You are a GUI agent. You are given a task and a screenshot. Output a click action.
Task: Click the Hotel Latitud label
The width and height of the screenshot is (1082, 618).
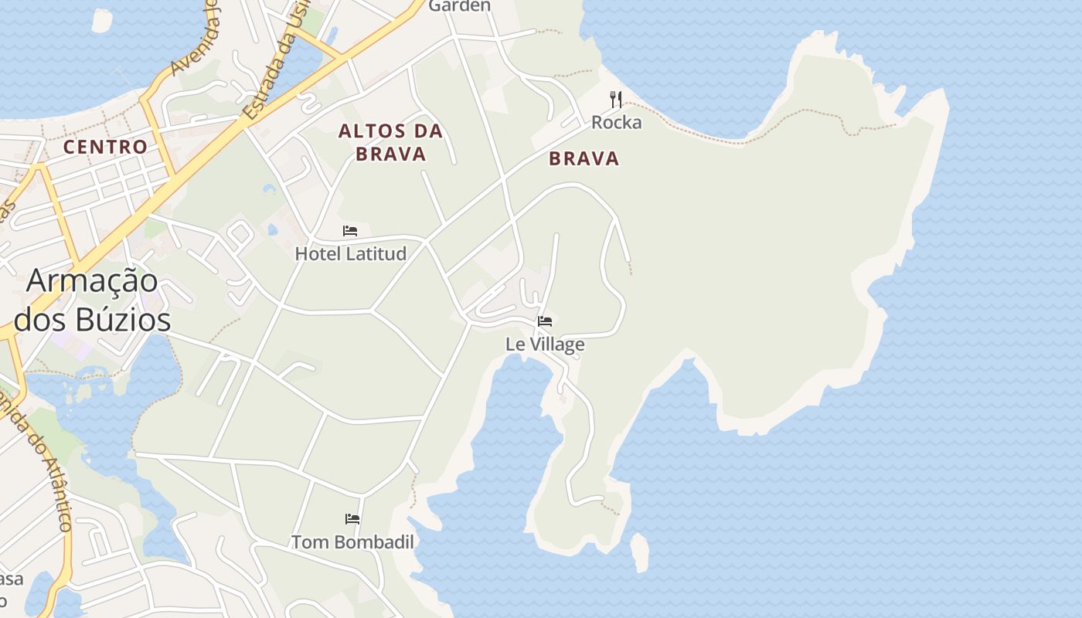[351, 253]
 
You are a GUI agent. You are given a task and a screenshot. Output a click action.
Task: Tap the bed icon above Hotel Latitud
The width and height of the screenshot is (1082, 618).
[350, 231]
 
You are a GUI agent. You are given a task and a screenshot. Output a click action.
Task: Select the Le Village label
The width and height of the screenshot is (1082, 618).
[545, 344]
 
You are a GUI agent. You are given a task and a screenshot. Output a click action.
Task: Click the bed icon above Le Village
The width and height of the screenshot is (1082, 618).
[545, 321]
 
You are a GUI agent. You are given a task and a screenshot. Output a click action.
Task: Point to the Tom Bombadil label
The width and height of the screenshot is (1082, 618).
[352, 542]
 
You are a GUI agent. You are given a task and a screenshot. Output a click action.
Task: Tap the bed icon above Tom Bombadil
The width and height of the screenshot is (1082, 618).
[352, 519]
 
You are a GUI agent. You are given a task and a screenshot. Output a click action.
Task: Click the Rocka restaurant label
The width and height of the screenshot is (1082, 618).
[616, 122]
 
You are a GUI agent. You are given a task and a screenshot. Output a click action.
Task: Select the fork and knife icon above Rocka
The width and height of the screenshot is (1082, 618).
[616, 100]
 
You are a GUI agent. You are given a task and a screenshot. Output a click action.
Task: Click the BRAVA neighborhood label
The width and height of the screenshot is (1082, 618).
[584, 159]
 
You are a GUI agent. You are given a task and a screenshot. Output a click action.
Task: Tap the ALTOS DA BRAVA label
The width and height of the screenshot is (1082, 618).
[391, 142]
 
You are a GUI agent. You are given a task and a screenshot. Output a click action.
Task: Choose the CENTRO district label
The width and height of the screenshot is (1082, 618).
[105, 147]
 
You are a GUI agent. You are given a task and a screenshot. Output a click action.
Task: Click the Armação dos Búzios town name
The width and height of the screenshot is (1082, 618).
[93, 300]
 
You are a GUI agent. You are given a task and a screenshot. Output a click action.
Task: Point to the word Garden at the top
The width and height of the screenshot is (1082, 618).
[459, 6]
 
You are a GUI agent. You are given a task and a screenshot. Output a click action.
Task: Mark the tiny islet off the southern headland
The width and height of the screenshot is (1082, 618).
[640, 552]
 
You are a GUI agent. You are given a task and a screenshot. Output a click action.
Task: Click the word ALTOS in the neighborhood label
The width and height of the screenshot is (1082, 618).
[367, 131]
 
